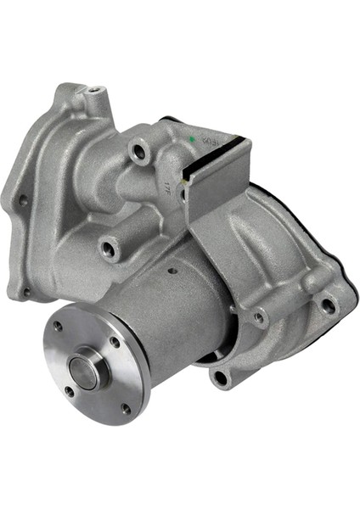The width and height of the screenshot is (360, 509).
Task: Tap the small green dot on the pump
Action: pos(194,138)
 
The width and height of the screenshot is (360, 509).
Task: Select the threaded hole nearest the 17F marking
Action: pos(138,153)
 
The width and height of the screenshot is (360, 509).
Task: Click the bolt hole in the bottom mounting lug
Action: pos(221,376)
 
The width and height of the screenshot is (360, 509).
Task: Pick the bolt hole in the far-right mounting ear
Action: pos(327,305)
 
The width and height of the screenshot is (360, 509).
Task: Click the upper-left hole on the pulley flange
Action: pos(58,325)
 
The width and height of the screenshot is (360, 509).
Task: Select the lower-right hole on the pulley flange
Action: pos(125,408)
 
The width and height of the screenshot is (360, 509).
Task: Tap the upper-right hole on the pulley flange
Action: pos(115,342)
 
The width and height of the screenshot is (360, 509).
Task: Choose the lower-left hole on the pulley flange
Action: pos(69,391)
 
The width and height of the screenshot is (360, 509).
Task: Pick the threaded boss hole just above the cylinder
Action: pos(109,249)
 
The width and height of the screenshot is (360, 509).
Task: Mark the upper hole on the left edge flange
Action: pos(24,201)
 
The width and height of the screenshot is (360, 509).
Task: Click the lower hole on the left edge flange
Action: pos(26,291)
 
